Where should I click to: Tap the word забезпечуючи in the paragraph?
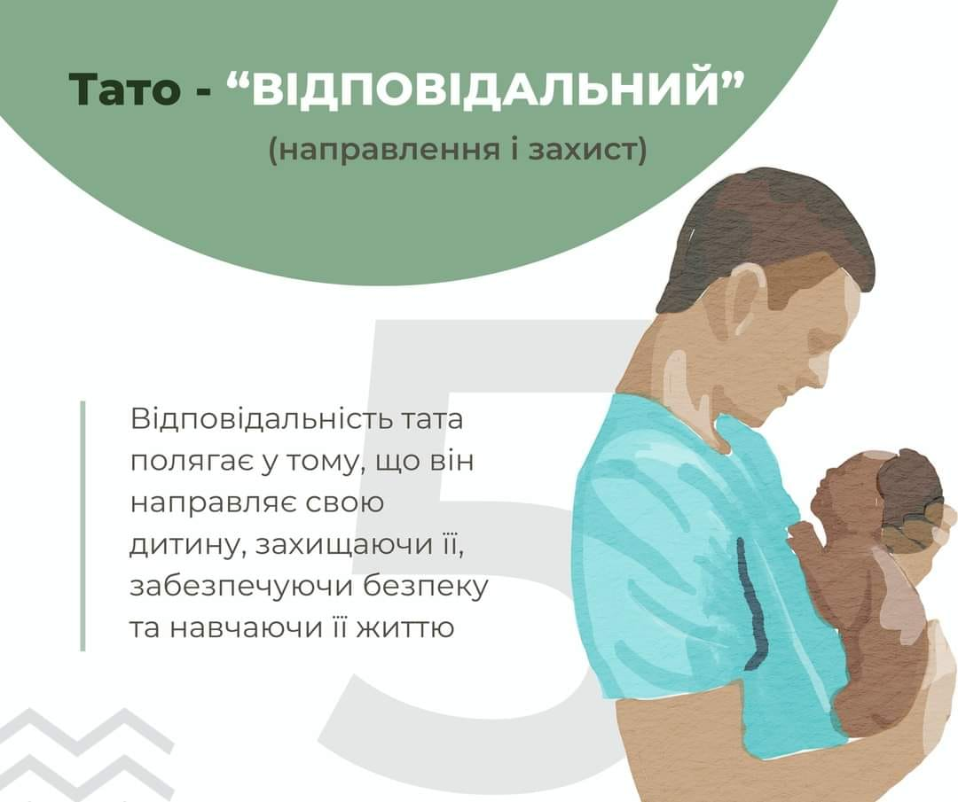(x=241, y=588)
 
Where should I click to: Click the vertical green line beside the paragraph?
(x=82, y=526)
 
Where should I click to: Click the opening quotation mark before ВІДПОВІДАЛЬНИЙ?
(x=239, y=80)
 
